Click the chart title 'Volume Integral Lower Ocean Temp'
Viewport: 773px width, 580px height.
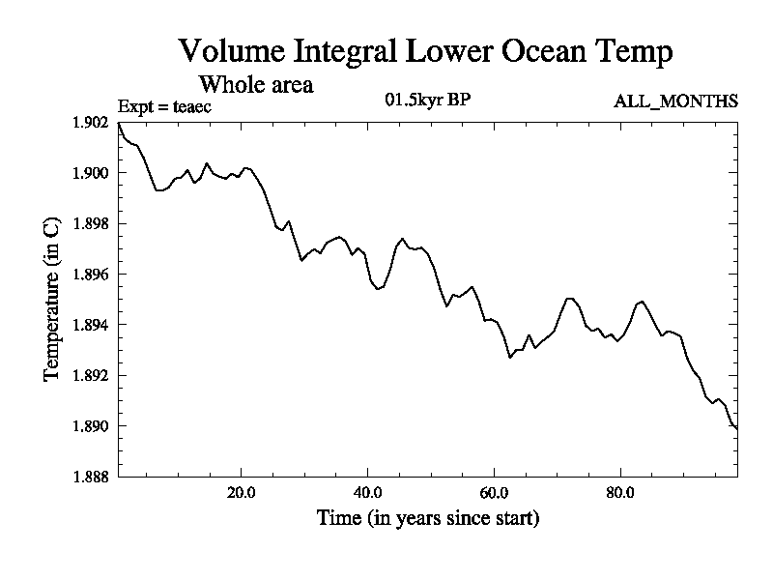[x=425, y=51]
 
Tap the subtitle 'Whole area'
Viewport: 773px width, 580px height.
[x=255, y=84]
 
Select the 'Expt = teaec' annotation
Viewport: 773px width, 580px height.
[x=164, y=106]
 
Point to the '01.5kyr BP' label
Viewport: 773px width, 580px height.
[x=427, y=100]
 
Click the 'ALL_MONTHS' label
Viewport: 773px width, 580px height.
[x=676, y=101]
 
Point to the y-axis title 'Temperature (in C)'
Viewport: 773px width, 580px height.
[x=54, y=300]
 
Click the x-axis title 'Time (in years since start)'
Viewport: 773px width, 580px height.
[x=428, y=518]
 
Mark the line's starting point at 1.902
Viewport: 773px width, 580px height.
[x=119, y=124]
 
